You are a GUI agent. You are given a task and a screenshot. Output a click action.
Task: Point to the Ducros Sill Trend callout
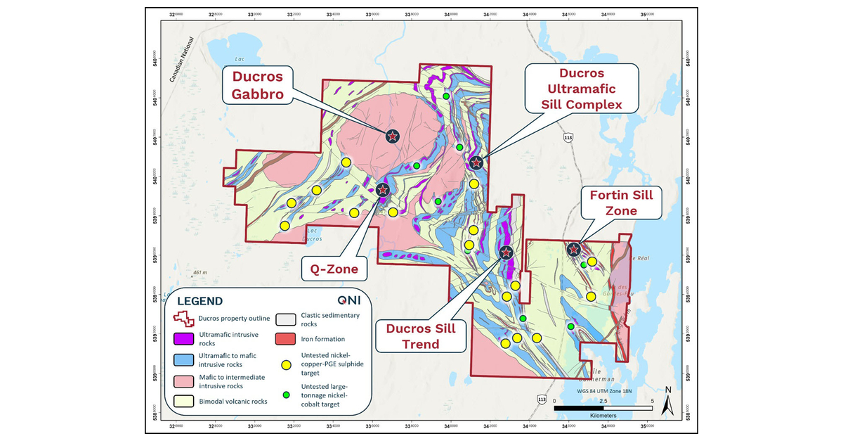coord(420,335)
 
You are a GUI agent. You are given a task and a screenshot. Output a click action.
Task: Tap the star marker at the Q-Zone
coord(383,189)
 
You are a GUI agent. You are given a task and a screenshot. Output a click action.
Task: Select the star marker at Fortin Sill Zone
coord(574,249)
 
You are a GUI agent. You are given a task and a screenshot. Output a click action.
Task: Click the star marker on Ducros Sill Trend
coord(506,252)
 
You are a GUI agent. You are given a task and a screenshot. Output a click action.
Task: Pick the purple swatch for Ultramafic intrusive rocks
coord(184,340)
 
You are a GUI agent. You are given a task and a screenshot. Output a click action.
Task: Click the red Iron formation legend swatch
coord(287,340)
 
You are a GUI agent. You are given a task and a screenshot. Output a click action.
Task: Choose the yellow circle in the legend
coord(287,364)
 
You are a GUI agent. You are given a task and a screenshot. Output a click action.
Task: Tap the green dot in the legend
coord(287,395)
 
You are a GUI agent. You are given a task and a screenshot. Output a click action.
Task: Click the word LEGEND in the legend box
coord(200,301)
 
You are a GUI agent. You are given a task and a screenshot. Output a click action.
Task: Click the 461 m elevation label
coord(201,272)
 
